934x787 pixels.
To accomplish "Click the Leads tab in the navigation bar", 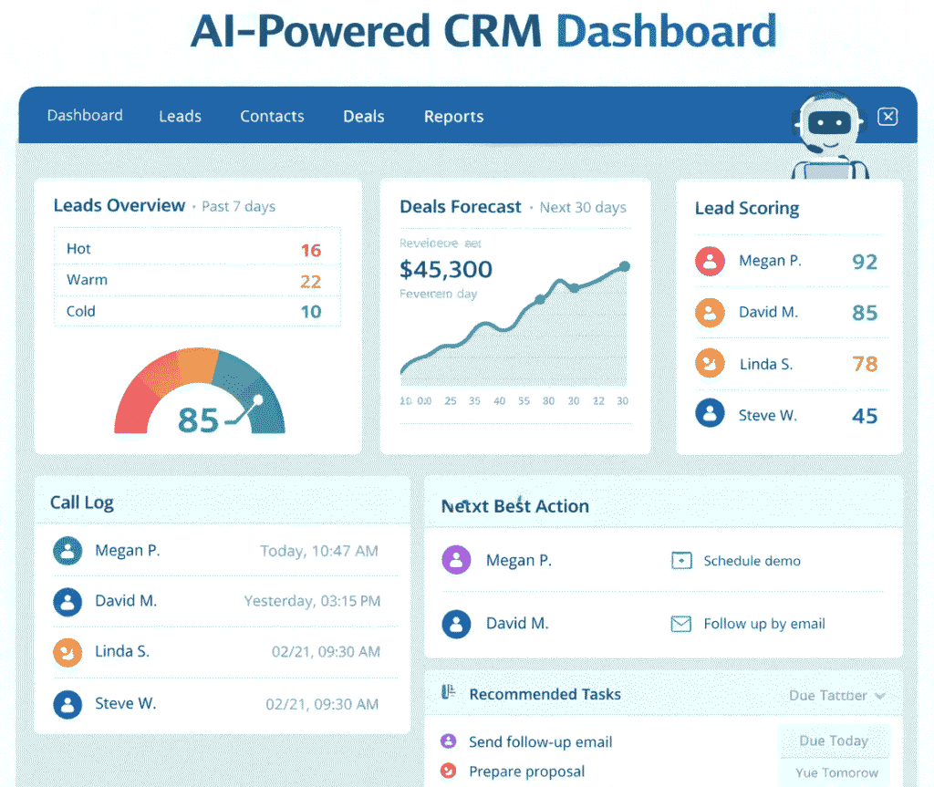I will coord(180,117).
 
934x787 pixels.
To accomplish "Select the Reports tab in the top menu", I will coord(453,117).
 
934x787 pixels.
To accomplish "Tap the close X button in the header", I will coord(887,117).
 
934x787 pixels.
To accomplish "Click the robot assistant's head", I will coord(829,124).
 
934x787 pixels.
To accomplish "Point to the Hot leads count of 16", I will coord(310,250).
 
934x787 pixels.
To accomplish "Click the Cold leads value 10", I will coord(310,312).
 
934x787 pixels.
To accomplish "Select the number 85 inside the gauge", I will coord(198,420).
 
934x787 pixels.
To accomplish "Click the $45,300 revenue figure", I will coord(446,269).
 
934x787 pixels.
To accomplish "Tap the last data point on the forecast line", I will coord(624,266).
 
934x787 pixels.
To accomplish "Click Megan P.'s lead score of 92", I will coord(864,263).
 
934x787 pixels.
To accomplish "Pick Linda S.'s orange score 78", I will coord(864,365).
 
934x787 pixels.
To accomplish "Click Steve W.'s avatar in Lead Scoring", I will coord(710,414).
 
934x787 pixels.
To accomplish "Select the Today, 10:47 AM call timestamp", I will coord(318,551).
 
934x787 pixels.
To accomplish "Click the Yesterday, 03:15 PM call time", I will coord(312,601).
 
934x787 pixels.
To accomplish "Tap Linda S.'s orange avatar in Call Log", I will coord(67,651).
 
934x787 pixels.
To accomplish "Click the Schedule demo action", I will coord(752,561).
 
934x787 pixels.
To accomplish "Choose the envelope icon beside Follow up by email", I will coord(680,625).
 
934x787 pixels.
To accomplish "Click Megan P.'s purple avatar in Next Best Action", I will coord(456,560).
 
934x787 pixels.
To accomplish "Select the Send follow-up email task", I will coord(540,742).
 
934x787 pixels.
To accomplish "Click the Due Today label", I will coord(833,740).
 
